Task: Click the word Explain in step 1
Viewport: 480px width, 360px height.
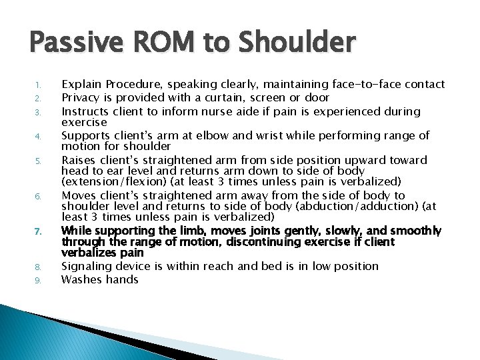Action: (83, 84)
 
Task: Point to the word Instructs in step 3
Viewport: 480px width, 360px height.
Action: (86, 111)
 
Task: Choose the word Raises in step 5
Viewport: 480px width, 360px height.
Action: (77, 160)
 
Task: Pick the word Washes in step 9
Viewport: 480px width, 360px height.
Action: (80, 279)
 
